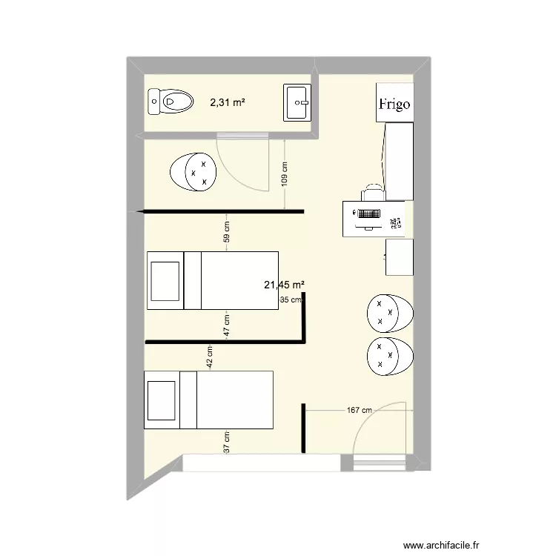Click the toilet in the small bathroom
point(171,102)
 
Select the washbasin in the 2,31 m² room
point(297,102)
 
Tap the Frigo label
point(394,105)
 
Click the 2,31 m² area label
point(228,102)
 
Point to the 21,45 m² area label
point(285,285)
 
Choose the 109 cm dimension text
point(285,174)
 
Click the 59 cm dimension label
point(227,232)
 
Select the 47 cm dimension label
point(227,325)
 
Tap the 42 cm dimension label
point(210,357)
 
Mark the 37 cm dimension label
point(227,442)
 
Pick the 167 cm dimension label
point(360,410)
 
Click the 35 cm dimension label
point(291,299)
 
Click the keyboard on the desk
point(369,214)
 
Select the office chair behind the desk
point(374,192)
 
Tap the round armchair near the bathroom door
point(193,172)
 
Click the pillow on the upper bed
point(165,281)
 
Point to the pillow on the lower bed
point(162,400)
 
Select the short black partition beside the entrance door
point(303,428)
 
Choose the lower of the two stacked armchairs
point(390,357)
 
